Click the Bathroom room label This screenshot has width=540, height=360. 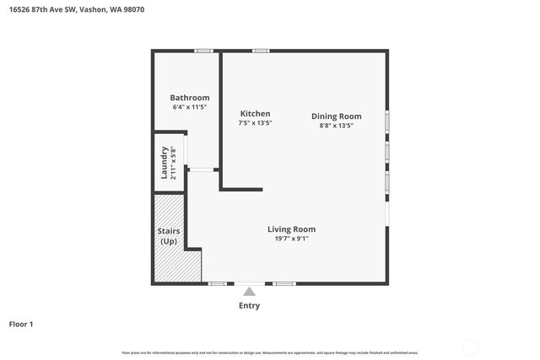(x=189, y=98)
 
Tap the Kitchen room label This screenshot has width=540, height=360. (x=255, y=113)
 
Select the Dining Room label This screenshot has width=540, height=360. (x=336, y=116)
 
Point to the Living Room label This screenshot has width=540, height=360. (x=291, y=228)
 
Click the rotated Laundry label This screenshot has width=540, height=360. (x=165, y=163)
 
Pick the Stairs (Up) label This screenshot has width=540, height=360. (x=168, y=236)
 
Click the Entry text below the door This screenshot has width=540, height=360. (x=249, y=306)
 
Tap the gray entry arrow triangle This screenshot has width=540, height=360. (x=249, y=291)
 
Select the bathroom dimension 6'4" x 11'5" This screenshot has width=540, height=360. (x=189, y=108)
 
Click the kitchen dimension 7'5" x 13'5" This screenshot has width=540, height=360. (x=255, y=123)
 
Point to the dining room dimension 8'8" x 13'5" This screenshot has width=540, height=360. (x=336, y=126)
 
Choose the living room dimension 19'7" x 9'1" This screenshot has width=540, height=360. (x=291, y=239)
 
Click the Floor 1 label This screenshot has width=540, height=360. (x=21, y=324)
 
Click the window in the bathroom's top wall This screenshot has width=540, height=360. (x=202, y=51)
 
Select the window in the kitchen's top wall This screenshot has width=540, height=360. (x=260, y=51)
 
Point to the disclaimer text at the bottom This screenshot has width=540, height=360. (x=269, y=352)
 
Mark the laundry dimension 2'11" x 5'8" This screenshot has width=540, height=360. (x=174, y=163)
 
